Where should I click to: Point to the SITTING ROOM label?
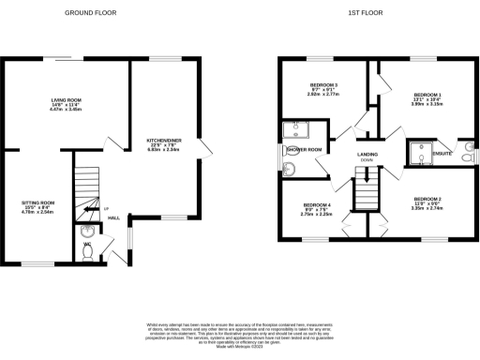[x=38, y=202]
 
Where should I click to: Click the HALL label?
[x=113, y=218]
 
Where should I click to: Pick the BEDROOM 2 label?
[x=427, y=200]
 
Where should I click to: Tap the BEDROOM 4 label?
[x=317, y=205]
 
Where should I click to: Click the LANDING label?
[x=367, y=153]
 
